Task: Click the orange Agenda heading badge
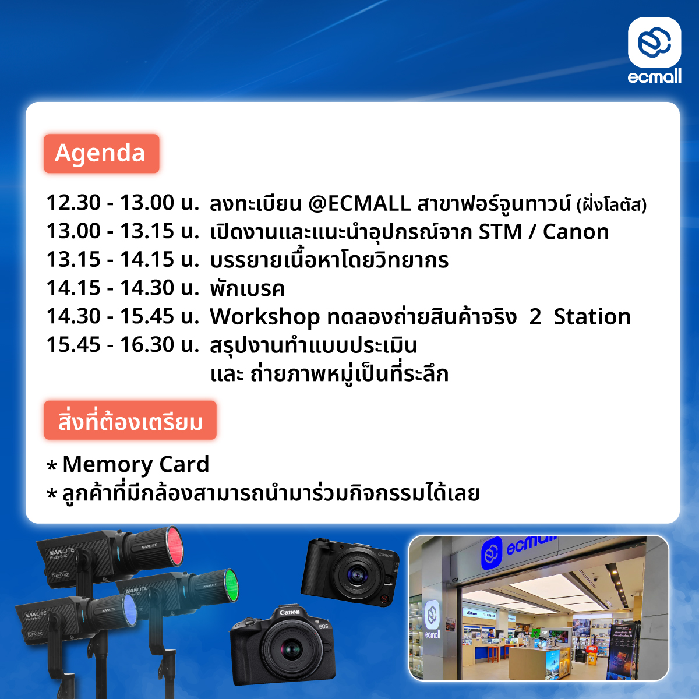(x=101, y=153)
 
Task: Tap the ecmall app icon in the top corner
(x=654, y=43)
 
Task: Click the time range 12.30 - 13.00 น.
(x=123, y=202)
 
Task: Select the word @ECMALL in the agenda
(x=359, y=203)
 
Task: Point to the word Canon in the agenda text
(x=576, y=231)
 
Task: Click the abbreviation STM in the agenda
(x=500, y=231)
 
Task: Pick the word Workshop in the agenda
(x=265, y=317)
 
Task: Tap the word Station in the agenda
(x=592, y=317)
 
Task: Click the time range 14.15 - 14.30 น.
(x=123, y=288)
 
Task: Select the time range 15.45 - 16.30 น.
(x=123, y=345)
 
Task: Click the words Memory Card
(x=136, y=464)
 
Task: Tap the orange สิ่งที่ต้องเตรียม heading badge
(x=130, y=421)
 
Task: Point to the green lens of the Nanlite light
(x=231, y=585)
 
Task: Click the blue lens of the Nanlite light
(x=129, y=610)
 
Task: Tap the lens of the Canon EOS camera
(x=292, y=648)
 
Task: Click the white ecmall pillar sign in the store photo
(x=432, y=620)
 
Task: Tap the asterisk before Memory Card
(x=52, y=465)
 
